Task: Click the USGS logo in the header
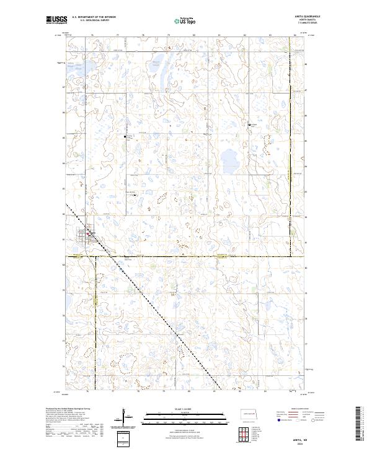pyautogui.click(x=56, y=21)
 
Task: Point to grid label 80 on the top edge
pyautogui.click(x=194, y=35)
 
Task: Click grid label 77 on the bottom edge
pyautogui.click(x=112, y=391)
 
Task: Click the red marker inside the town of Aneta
pyautogui.click(x=90, y=233)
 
